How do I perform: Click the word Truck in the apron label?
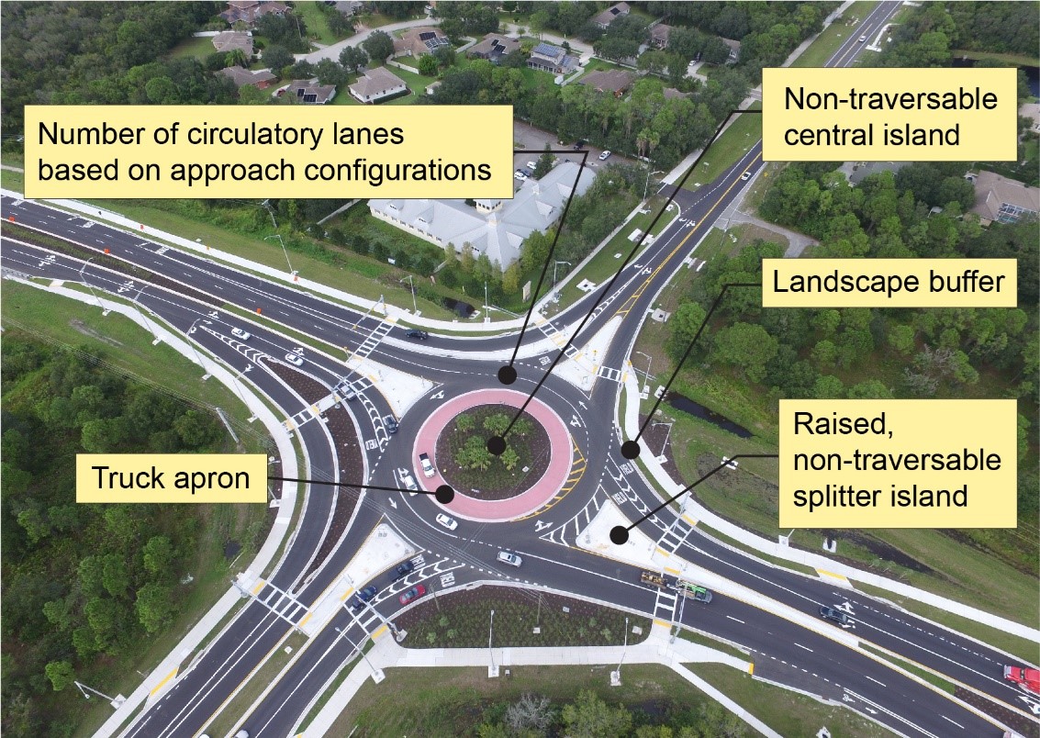pos(128,478)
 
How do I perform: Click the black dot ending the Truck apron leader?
pos(445,493)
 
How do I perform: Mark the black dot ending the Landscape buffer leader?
pos(630,450)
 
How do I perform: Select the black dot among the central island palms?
pos(496,445)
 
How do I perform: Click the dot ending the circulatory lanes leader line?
pos(505,375)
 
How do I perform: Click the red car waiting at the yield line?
pos(412,594)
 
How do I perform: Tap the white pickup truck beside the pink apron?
pos(427,464)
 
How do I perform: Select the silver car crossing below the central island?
pos(509,557)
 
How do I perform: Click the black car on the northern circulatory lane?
pos(417,335)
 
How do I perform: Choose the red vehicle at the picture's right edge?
pos(1021,678)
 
